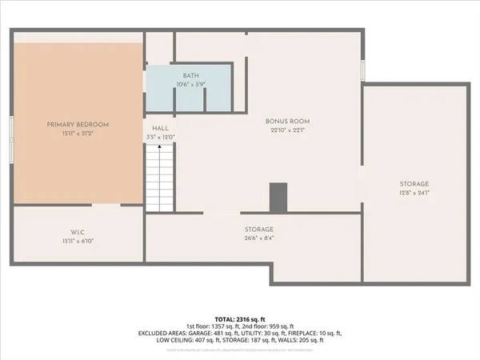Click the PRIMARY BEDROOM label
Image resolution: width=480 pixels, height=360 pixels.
click(x=78, y=125)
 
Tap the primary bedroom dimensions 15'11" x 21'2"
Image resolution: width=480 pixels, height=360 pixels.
click(x=78, y=134)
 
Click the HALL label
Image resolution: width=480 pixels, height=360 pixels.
click(x=160, y=128)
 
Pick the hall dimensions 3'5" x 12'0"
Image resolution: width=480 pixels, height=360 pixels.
click(x=160, y=137)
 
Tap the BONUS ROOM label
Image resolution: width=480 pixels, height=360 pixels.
click(x=287, y=122)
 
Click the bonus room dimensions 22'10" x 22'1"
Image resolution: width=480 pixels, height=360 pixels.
click(x=287, y=130)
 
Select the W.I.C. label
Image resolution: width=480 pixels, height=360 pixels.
click(x=78, y=232)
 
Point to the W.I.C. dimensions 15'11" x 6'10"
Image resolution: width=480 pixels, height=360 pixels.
click(x=78, y=241)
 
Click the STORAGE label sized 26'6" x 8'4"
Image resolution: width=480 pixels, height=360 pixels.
click(x=259, y=229)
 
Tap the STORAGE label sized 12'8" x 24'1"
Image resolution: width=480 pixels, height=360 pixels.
click(x=414, y=183)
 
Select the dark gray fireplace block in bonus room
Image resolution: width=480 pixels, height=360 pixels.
click(x=278, y=198)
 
